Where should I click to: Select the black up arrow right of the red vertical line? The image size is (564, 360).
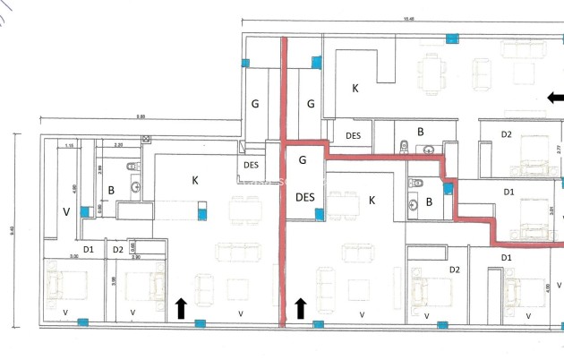coord(301,308)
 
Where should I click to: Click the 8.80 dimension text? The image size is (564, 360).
coord(141,116)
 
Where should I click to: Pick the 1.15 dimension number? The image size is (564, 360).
coord(69,144)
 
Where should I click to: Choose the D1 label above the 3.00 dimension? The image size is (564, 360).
coord(88,248)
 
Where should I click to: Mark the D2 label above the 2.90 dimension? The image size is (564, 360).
coord(118,248)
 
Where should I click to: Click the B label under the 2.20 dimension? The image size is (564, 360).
coord(111,190)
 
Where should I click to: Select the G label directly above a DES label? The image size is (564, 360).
coord(303,160)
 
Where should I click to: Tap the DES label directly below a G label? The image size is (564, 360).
coord(304,197)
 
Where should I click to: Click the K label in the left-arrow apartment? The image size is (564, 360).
coord(355,88)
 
